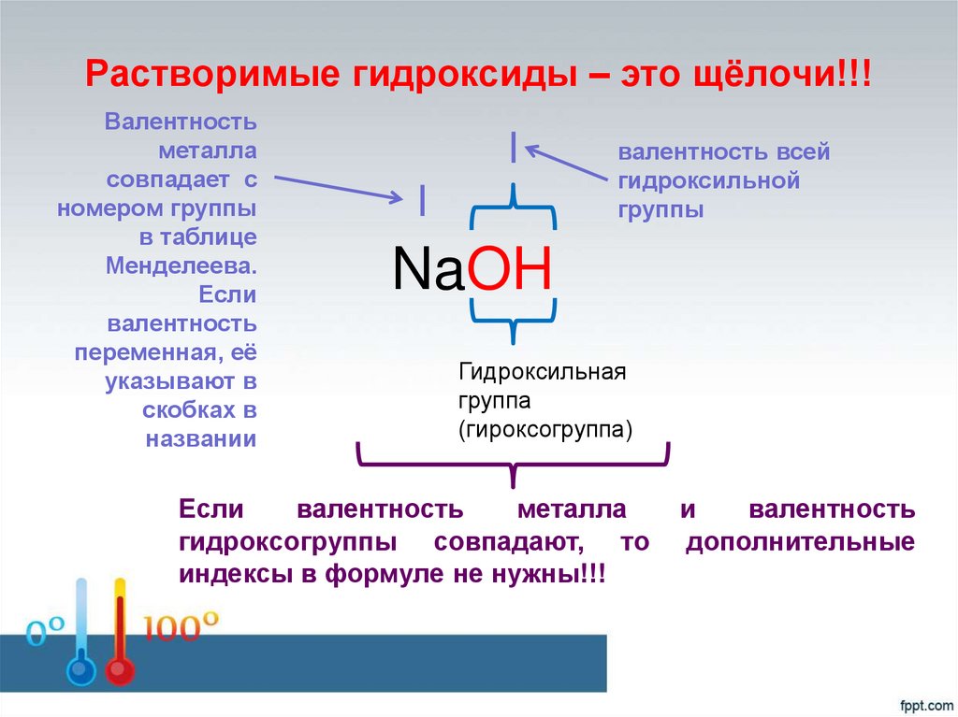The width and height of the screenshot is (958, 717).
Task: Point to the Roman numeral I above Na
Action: [x=423, y=198]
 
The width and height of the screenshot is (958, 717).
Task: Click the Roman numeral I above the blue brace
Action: [x=513, y=148]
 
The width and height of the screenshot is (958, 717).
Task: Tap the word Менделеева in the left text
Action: [x=181, y=264]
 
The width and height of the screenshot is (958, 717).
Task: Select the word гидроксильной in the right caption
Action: [x=708, y=180]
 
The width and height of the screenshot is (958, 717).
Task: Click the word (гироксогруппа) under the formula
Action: [x=545, y=430]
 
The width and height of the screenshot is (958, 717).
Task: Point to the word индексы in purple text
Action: [x=234, y=573]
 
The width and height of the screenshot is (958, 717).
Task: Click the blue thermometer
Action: [x=80, y=636]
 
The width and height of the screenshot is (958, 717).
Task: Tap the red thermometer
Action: [x=119, y=636]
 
